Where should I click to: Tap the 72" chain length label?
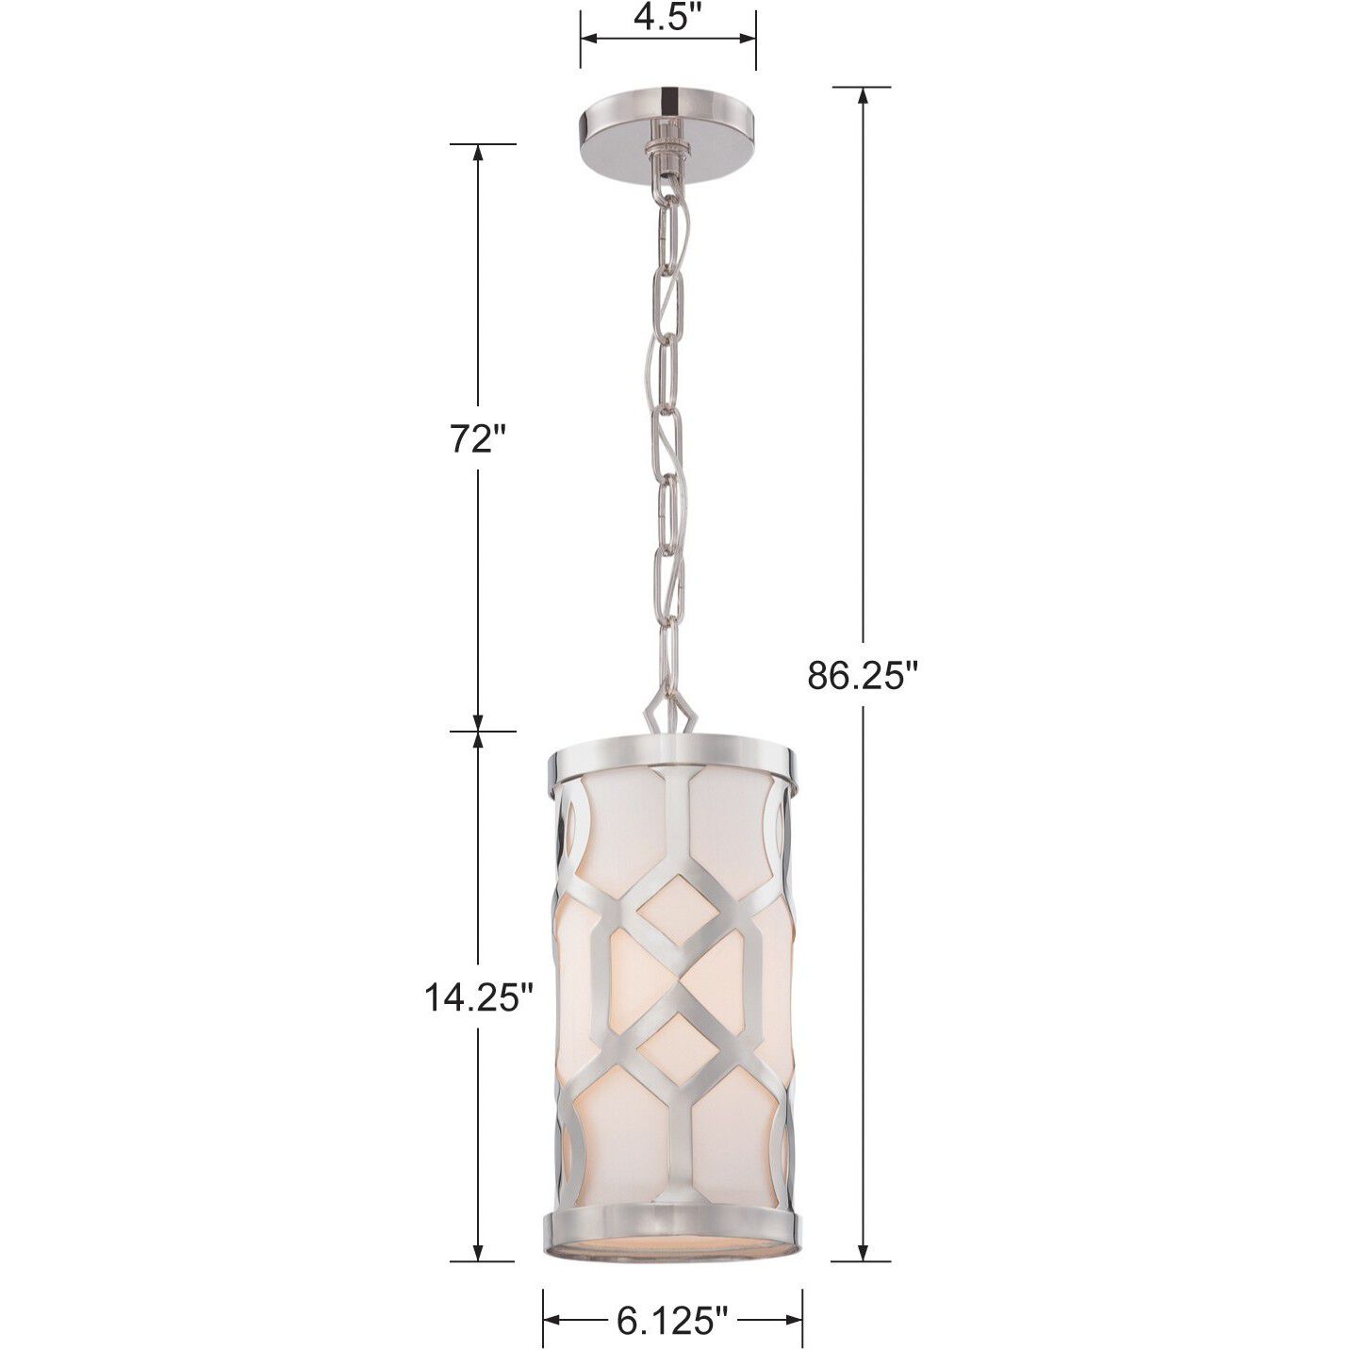coord(478,439)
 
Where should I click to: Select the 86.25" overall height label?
coord(862,675)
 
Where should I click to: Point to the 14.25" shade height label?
coord(478,997)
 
